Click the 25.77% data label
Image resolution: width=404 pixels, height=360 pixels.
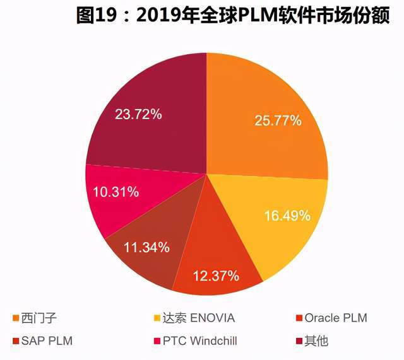[277, 120]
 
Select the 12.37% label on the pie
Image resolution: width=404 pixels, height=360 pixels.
[215, 276]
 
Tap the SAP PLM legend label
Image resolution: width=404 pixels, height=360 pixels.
[47, 341]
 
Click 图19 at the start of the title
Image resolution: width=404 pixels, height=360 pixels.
[95, 16]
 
